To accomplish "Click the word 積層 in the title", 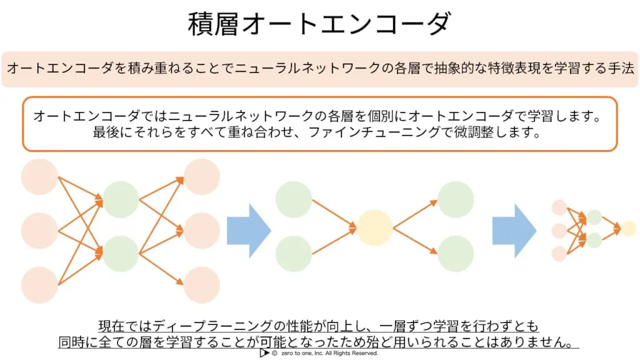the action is (213, 24).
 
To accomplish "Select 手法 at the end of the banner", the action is (621, 67).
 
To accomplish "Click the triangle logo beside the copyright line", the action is (264, 353).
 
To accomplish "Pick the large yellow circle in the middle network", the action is (375, 227).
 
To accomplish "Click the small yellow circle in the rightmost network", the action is (629, 229).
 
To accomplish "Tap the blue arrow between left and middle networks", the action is (249, 231).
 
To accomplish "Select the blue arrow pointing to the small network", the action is (514, 231).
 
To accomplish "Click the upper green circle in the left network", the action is (121, 199).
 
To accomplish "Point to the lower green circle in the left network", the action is (121, 254).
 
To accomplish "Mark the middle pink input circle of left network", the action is (39, 231).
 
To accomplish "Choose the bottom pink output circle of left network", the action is (202, 285).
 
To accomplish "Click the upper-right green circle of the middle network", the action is (456, 199).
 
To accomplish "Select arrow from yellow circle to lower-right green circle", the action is (415, 241).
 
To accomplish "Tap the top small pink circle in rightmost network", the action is (559, 207).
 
